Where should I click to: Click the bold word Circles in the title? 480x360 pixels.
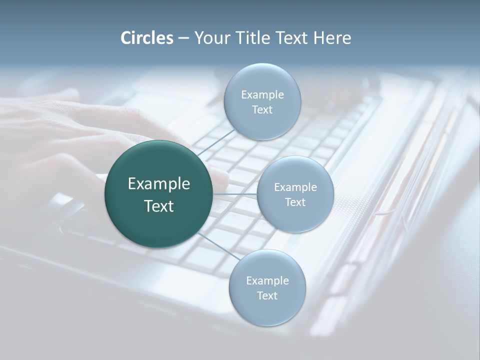point(147,38)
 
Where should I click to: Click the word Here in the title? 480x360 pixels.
point(332,38)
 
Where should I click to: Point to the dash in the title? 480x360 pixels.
point(183,38)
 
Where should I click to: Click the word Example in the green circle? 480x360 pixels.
point(159,184)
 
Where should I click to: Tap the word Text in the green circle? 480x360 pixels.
point(159,206)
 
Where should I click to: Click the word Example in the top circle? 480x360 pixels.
point(262,95)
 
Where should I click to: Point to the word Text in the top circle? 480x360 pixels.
point(262,110)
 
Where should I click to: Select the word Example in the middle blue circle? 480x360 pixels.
point(295,187)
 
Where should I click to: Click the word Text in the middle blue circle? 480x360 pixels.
point(295,202)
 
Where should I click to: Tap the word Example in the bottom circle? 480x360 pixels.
point(267,281)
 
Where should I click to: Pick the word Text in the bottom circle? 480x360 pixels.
point(267,296)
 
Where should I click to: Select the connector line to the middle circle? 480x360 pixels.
point(235,194)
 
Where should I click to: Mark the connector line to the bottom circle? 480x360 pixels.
point(218,246)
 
